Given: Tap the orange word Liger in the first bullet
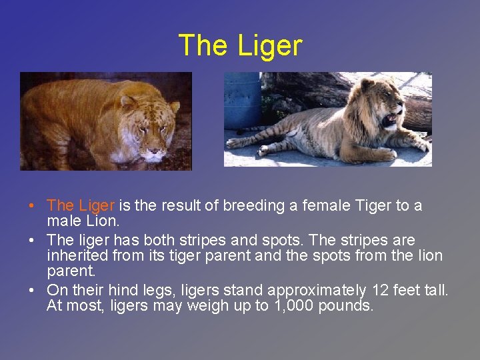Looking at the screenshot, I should pyautogui.click(x=97, y=205).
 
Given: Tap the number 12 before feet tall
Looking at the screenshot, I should pyautogui.click(x=381, y=290).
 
